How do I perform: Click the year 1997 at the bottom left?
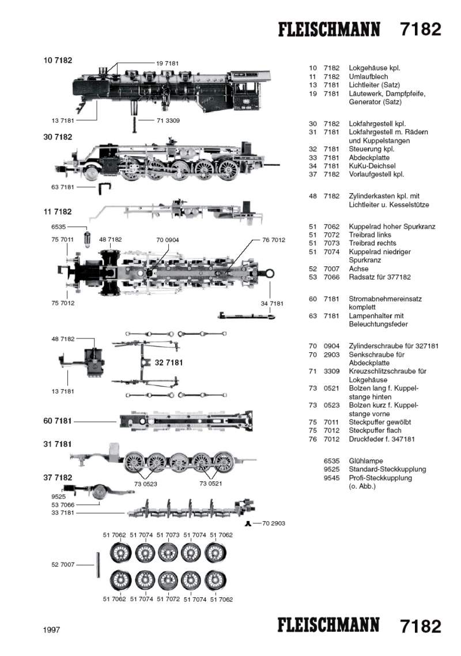[x=51, y=630]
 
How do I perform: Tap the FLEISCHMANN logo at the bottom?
[x=329, y=625]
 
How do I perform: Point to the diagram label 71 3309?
[x=168, y=120]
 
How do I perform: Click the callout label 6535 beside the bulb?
[x=60, y=227]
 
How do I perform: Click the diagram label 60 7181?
[x=58, y=421]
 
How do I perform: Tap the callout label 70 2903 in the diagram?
[x=273, y=523]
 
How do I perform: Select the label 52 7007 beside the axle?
[x=63, y=565]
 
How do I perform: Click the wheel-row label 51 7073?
[x=168, y=535]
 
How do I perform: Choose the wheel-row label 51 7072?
[x=168, y=600]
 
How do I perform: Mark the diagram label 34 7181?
[x=272, y=303]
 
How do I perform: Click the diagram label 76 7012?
[x=274, y=240]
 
